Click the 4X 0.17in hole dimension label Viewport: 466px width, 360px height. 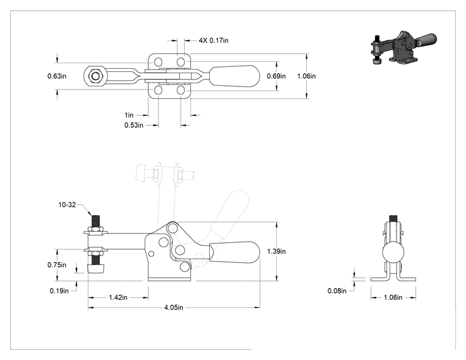click(214, 41)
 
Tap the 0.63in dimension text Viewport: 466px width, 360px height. click(57, 76)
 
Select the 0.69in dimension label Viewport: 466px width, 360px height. click(276, 76)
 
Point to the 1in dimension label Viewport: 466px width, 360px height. click(129, 115)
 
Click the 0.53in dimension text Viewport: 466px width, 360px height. click(134, 125)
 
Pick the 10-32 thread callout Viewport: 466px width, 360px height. click(67, 205)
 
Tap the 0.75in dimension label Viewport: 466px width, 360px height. click(57, 265)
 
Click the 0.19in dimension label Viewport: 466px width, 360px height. click(59, 291)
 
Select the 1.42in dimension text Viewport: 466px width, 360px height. click(118, 297)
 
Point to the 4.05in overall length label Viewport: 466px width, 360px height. click(173, 307)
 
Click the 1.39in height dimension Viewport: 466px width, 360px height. click(276, 251)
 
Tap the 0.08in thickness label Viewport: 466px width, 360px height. click(337, 291)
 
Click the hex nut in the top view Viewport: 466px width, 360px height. click(95, 76)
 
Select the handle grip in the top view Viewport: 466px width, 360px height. click(235, 76)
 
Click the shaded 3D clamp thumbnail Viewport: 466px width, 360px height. click(403, 47)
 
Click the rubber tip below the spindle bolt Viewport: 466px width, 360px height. click(96, 269)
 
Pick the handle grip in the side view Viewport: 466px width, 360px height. click(235, 252)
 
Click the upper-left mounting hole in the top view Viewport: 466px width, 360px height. click(158, 63)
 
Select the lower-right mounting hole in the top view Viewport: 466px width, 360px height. click(180, 90)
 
